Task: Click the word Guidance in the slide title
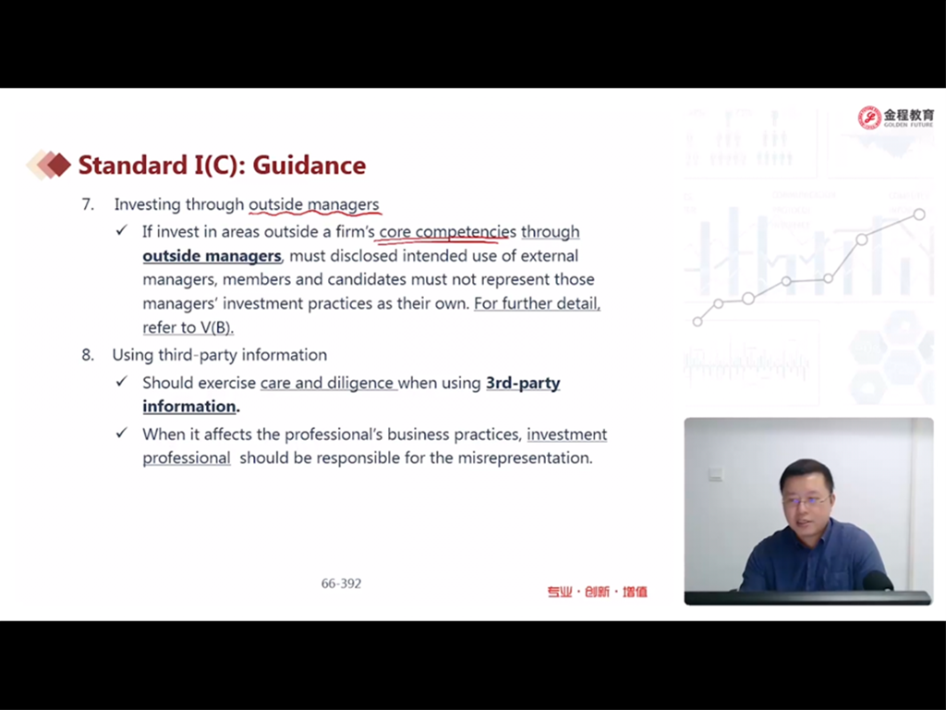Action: (309, 165)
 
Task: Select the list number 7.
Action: (88, 204)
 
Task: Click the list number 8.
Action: (88, 355)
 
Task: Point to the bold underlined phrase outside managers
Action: (212, 256)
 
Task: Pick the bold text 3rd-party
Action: (523, 384)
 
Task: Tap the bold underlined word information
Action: (188, 407)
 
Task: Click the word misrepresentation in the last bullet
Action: (525, 459)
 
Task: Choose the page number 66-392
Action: (342, 583)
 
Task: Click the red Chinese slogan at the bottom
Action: (598, 592)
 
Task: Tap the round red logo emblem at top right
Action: (869, 117)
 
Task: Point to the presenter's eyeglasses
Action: (806, 500)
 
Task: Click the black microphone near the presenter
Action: (878, 581)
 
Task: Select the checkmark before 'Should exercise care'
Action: (122, 382)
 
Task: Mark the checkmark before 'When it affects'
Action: (122, 433)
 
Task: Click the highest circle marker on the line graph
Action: (919, 214)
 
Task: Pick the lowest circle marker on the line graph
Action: (697, 322)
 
